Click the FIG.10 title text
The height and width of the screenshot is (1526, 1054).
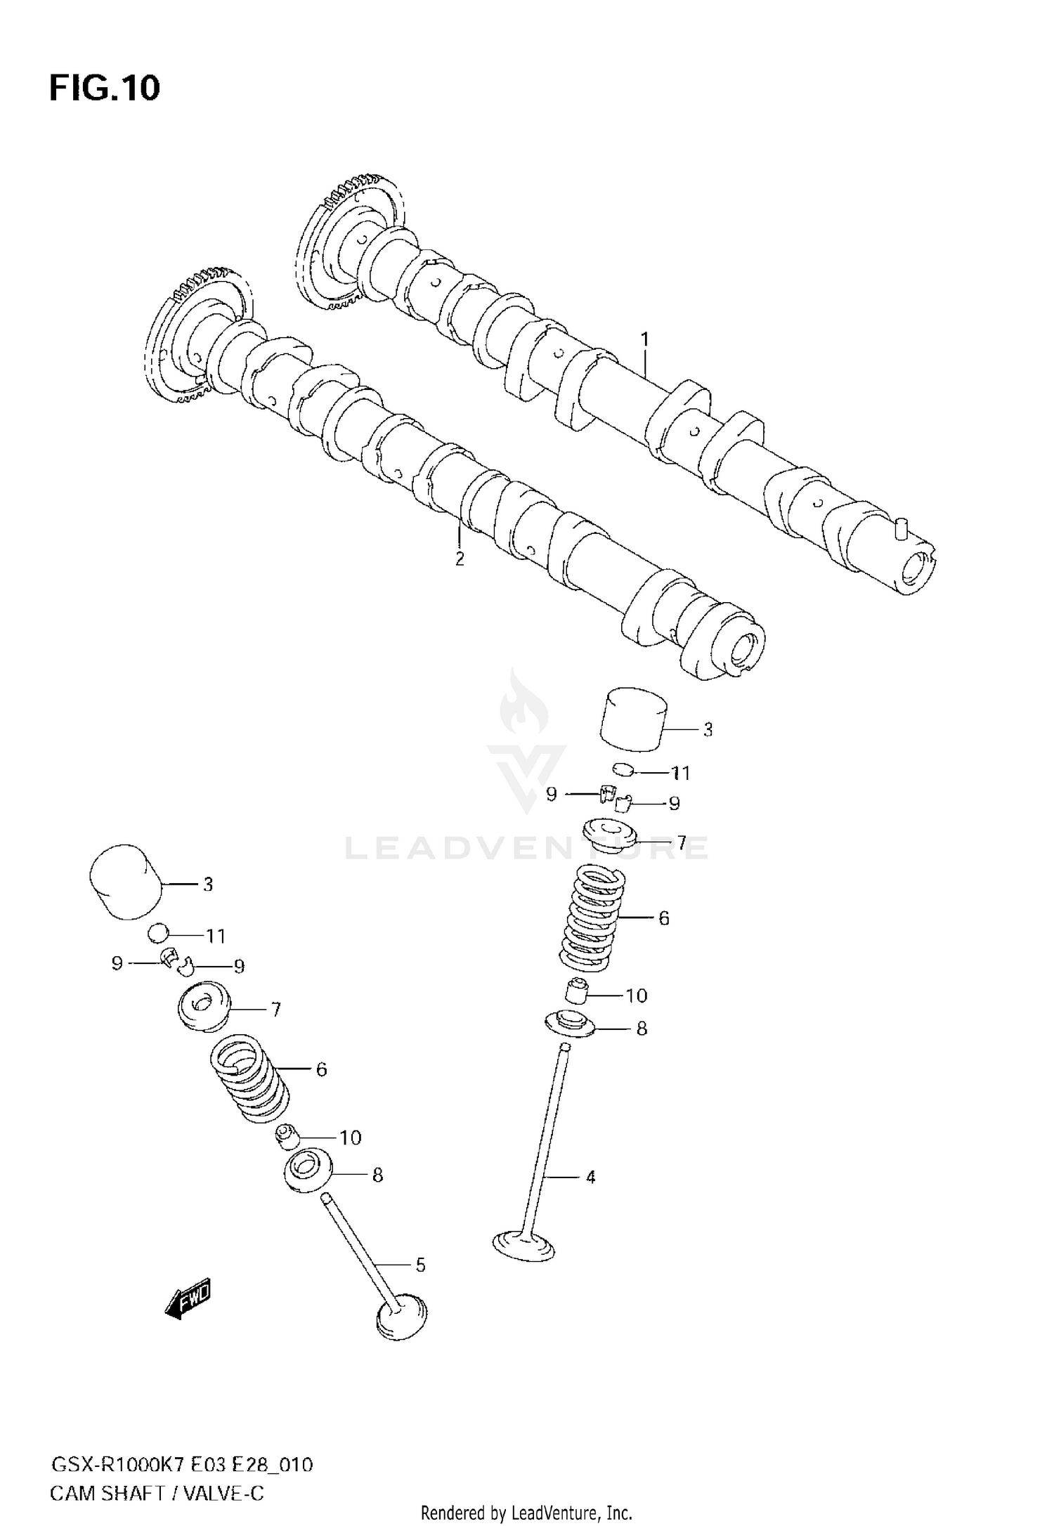[x=105, y=89]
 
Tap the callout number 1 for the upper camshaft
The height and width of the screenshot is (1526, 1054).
[x=644, y=340]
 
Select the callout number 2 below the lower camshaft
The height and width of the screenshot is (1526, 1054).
[x=460, y=559]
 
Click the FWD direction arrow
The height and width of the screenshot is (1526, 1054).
[x=188, y=1302]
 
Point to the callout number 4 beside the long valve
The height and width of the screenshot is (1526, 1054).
[x=590, y=1177]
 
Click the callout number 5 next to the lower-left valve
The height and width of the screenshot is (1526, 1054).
[x=420, y=1265]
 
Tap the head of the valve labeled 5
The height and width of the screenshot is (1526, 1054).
[x=401, y=1321]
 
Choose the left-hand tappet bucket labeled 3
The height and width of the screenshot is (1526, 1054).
[x=126, y=882]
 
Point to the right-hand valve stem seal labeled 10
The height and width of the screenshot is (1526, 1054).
[x=576, y=992]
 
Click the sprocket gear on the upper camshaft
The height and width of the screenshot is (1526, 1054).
[x=349, y=242]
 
